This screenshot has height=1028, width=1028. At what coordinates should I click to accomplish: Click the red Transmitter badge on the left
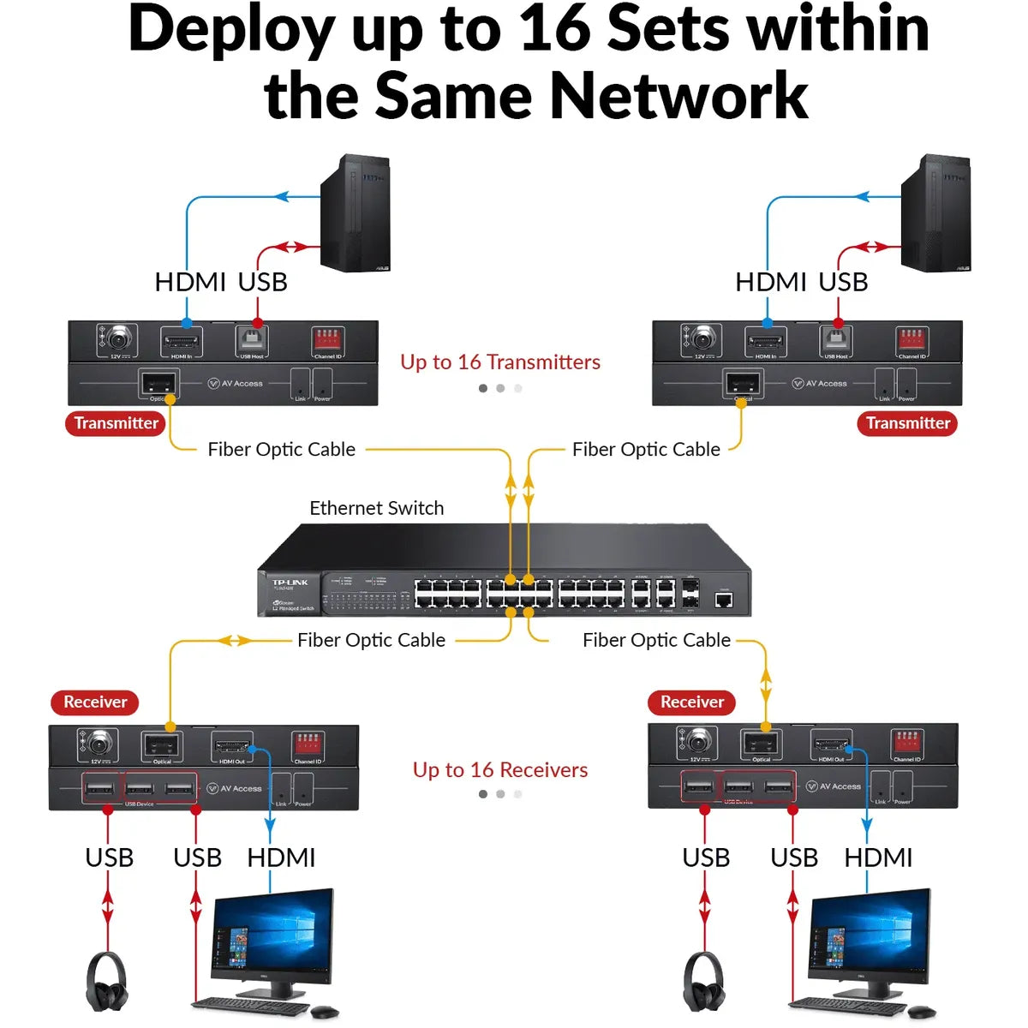tap(116, 423)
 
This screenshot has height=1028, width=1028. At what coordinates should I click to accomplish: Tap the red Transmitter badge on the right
tap(907, 423)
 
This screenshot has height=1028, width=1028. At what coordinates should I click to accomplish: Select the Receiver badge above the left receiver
tap(95, 702)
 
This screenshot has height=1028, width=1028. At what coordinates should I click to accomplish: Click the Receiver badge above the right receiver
tap(692, 702)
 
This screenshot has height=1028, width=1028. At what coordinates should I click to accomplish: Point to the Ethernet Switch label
tap(376, 508)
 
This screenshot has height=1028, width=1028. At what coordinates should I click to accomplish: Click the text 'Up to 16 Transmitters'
tap(500, 362)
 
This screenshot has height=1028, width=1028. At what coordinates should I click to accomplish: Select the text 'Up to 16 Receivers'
tap(500, 770)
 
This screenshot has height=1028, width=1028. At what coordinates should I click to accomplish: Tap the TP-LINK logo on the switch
tap(290, 583)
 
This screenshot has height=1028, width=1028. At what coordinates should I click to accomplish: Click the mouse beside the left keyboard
tap(325, 1012)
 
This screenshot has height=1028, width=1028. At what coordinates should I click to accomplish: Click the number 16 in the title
tap(558, 29)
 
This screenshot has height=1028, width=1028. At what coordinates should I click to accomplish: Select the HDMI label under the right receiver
tap(878, 858)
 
